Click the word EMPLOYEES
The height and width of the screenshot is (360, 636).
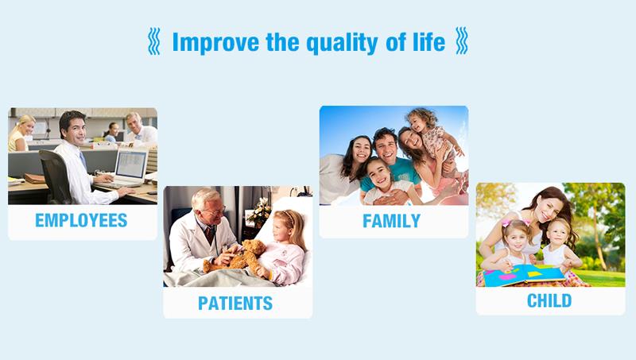click(81, 220)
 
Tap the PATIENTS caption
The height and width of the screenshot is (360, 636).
click(235, 304)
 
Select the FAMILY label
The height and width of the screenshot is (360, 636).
click(391, 221)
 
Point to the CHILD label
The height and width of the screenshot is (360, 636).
click(549, 301)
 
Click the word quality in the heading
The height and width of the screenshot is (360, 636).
click(342, 43)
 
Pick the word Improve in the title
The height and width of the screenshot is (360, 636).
click(215, 43)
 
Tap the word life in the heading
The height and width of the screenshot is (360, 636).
click(429, 42)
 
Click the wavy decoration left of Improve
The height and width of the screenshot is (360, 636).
click(153, 41)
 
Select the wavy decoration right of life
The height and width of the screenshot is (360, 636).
click(462, 41)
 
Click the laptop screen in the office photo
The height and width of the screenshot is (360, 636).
click(131, 165)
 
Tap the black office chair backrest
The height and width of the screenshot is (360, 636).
click(55, 174)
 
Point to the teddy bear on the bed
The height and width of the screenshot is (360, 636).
click(235, 257)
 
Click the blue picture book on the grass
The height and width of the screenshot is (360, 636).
click(523, 275)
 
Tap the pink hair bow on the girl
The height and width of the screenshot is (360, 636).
click(506, 223)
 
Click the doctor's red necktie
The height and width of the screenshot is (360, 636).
click(209, 234)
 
